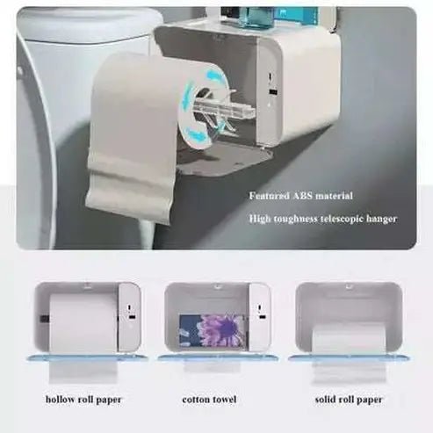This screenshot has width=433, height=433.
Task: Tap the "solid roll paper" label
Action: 340,400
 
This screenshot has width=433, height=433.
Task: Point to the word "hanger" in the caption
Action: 382,218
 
